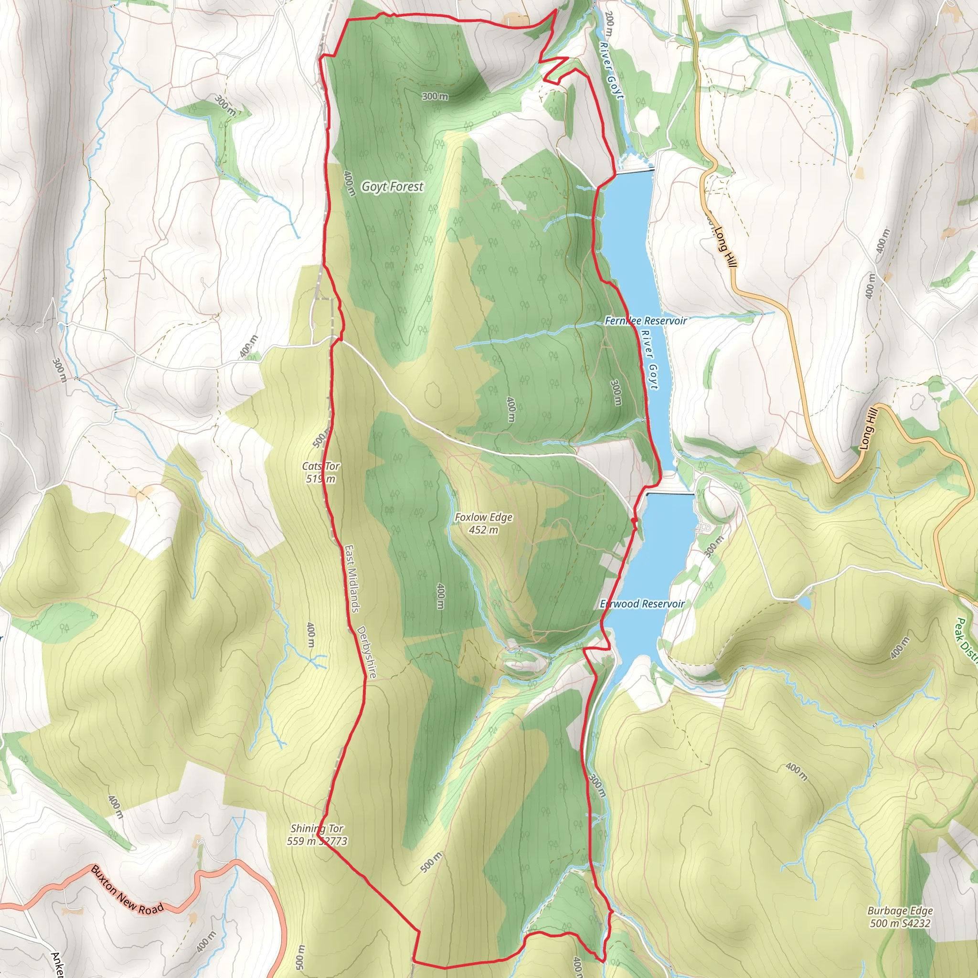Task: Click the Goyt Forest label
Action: [x=393, y=187]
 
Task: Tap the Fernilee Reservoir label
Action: [x=646, y=321]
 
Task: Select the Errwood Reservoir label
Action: [x=642, y=604]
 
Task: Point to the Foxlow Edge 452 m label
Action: [x=483, y=523]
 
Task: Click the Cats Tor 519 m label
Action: [x=320, y=472]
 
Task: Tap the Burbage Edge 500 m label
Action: [x=900, y=917]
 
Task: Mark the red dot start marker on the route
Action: [x=634, y=521]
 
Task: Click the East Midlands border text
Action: [x=352, y=578]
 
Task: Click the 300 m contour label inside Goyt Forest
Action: [x=435, y=96]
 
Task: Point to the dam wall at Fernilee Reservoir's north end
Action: [x=635, y=170]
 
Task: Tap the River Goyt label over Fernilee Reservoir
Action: [x=649, y=360]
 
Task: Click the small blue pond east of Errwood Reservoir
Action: [x=804, y=602]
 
